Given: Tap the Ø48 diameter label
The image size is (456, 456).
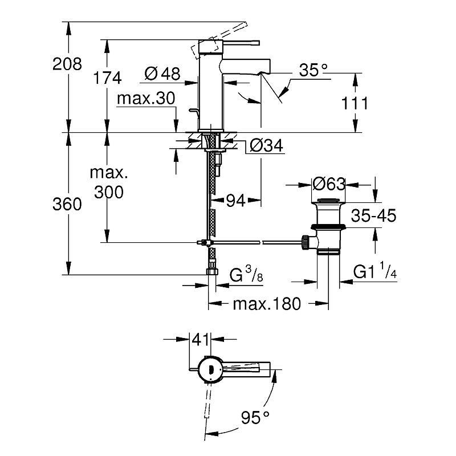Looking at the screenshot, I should coord(162,74).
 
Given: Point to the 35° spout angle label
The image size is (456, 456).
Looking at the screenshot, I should coord(314,70).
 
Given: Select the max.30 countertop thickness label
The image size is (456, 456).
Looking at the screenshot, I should coord(145,99).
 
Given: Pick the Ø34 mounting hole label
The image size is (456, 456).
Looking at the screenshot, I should coord(266,146).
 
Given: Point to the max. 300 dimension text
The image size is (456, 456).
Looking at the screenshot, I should coord(109,182).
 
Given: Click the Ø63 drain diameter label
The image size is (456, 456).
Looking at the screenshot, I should coord(329,184).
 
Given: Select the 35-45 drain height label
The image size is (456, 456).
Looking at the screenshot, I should coord(373,215).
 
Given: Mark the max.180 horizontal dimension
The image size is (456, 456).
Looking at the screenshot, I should coord(266,304).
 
